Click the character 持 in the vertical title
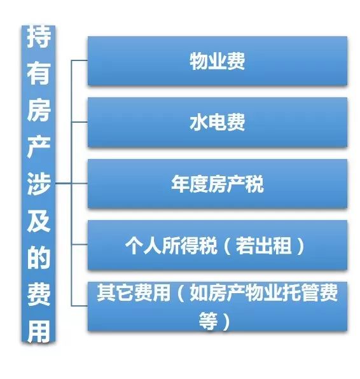point(39,37)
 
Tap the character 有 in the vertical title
point(39,72)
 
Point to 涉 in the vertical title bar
point(39,184)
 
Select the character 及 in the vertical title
point(39,221)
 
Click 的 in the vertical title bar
point(39,258)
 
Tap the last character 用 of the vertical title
point(39,331)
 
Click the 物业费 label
point(217,62)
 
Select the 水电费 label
point(217,123)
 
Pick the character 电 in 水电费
point(217,123)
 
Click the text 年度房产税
point(217,184)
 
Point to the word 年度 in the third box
point(190,184)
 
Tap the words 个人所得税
point(171,245)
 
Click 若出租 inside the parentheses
point(263,245)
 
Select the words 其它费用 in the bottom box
point(134,293)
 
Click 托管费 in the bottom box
point(310,293)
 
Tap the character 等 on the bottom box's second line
point(208,322)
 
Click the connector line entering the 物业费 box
point(80,60)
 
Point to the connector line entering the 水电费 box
point(80,122)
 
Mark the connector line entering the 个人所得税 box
point(80,245)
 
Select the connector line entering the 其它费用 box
point(80,306)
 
